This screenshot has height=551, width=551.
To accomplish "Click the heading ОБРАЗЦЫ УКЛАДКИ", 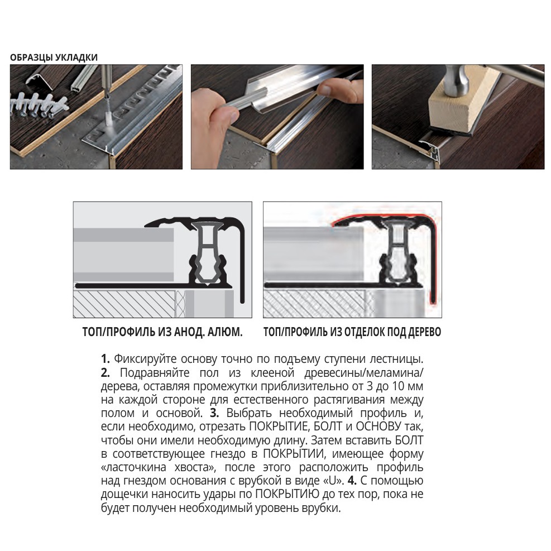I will click(54, 57).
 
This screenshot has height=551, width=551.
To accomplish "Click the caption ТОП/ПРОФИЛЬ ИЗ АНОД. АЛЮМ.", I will click(162, 333).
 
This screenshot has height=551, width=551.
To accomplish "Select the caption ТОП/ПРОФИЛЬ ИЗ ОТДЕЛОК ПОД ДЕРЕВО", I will click(352, 333).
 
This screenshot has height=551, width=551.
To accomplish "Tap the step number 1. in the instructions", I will click(106, 358).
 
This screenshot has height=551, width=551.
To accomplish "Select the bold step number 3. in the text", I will click(214, 413).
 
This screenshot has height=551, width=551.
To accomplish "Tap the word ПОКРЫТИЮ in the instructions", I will click(287, 494).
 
